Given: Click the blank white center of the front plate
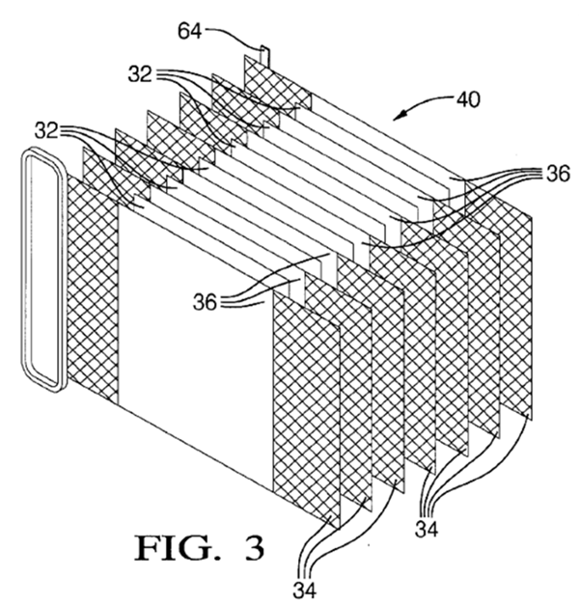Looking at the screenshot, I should (x=193, y=347).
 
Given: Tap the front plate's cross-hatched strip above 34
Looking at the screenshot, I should (x=307, y=405).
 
